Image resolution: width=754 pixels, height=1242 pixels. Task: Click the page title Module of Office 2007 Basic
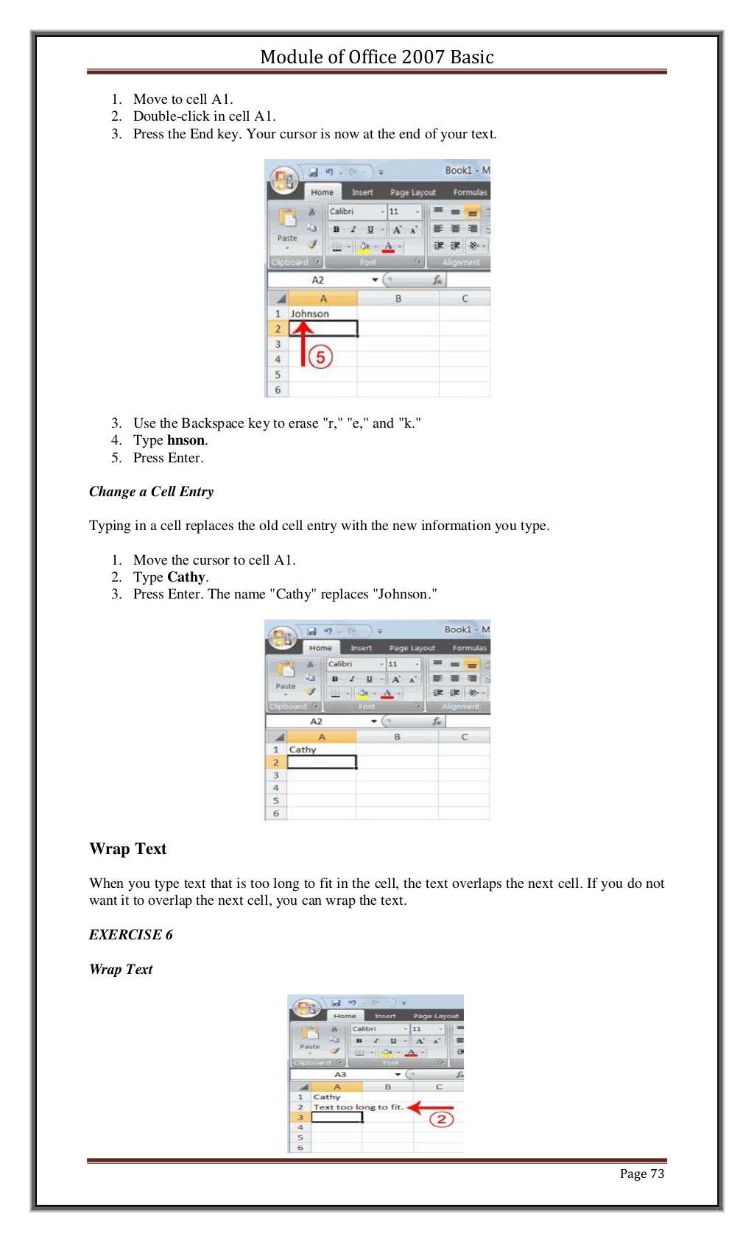tap(376, 57)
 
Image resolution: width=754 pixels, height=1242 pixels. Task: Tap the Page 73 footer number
tap(641, 1174)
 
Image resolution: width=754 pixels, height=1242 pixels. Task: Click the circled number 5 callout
tap(320, 357)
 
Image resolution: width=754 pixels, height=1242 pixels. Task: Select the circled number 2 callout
tap(440, 1120)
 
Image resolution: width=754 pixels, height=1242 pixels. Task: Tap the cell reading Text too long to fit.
tap(358, 1107)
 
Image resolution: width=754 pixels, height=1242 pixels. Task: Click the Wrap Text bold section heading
tap(128, 849)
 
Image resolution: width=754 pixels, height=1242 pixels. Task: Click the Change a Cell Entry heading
tap(151, 491)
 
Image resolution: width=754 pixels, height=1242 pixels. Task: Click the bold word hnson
tap(186, 440)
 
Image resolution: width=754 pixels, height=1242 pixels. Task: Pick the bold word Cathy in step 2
tap(186, 577)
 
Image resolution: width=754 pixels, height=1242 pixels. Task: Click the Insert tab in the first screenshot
tap(362, 192)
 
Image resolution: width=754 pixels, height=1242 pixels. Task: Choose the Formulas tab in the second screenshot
tap(469, 648)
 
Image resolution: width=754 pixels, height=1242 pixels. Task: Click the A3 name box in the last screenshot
tap(341, 1074)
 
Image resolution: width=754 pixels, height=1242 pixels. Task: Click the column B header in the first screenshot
tap(398, 298)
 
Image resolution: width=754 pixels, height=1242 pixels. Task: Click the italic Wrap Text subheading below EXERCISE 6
tap(121, 969)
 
